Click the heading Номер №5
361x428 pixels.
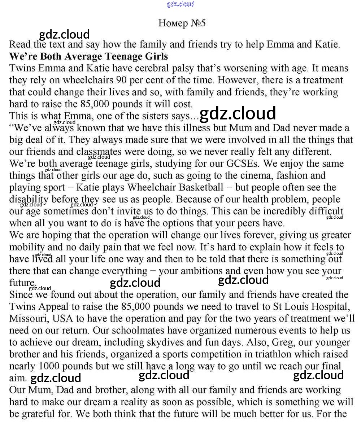[x=182, y=23]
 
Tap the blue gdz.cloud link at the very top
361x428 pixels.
[x=180, y=4]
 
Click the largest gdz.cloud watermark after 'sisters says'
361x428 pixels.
[x=238, y=113]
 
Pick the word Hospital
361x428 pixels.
[x=327, y=307]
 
